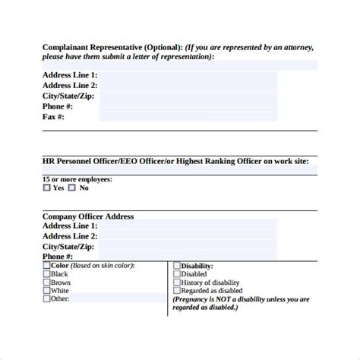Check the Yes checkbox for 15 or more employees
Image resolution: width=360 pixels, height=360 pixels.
pos(47,188)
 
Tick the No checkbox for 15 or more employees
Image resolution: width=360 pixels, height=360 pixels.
pos(74,188)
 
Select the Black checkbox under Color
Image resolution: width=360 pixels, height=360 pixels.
pos(47,273)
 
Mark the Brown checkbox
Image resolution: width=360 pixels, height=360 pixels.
pos(47,282)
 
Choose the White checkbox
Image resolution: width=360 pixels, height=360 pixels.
pos(47,290)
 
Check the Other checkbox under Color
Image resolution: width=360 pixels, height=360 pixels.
pos(47,298)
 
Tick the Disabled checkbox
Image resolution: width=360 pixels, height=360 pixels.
pos(177,273)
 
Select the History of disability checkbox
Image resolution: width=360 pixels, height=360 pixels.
pos(177,282)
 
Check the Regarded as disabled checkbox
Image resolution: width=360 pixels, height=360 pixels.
pos(177,290)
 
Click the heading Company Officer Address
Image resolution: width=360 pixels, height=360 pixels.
pos(88,216)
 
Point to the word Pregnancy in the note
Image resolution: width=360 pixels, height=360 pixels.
pos(196,298)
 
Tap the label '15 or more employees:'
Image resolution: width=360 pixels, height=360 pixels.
pos(77,178)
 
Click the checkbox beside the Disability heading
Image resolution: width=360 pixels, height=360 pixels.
pos(177,266)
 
